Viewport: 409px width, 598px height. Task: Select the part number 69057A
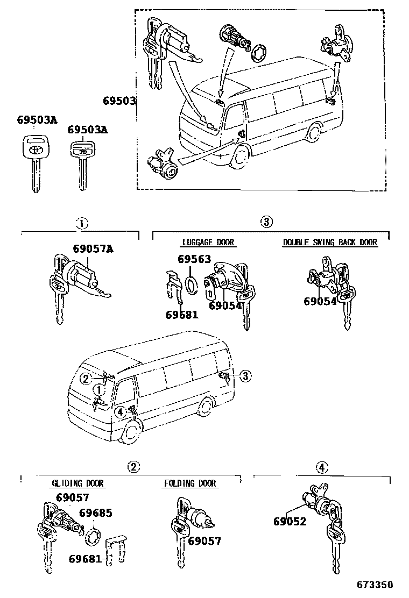pyautogui.click(x=93, y=248)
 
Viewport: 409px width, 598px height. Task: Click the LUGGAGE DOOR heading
pyautogui.click(x=208, y=243)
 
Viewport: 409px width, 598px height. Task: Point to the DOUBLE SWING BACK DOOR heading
pyautogui.click(x=330, y=243)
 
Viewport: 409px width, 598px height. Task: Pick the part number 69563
pyautogui.click(x=194, y=259)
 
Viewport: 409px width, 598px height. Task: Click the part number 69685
pyautogui.click(x=96, y=513)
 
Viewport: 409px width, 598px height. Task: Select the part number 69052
pyautogui.click(x=290, y=521)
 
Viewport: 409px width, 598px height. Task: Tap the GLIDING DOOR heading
pyautogui.click(x=77, y=483)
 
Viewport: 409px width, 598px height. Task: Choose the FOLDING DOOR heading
pyautogui.click(x=190, y=483)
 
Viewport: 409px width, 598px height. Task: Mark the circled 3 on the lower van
pyautogui.click(x=245, y=376)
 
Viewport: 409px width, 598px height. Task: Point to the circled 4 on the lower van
pyautogui.click(x=121, y=412)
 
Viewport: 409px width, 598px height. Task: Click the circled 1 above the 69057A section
pyautogui.click(x=80, y=222)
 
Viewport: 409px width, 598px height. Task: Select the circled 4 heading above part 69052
pyautogui.click(x=321, y=467)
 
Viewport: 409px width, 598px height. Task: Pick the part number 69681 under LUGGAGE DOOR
pyautogui.click(x=182, y=315)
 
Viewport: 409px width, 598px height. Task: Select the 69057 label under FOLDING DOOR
pyautogui.click(x=204, y=541)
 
